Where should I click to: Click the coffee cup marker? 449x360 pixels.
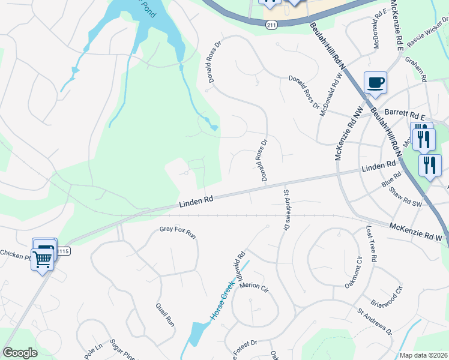point(375,82)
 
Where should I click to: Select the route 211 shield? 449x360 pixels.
point(271,24)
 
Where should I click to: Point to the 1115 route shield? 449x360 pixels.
point(64,251)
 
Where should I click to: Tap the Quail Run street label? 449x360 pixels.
point(166,314)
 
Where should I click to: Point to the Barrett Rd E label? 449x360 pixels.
point(405,113)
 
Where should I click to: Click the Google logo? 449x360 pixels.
point(20,353)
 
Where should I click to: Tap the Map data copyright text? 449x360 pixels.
point(424,355)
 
